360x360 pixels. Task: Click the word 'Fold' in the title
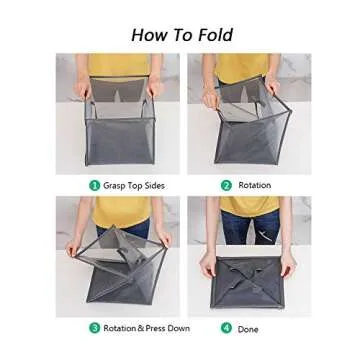(212, 35)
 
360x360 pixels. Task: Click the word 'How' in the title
(146, 35)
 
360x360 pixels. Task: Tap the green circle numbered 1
(95, 185)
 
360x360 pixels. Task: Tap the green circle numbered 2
(227, 185)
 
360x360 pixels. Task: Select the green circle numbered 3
(95, 327)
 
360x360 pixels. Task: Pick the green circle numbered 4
(227, 327)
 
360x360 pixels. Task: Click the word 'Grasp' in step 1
(114, 185)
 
